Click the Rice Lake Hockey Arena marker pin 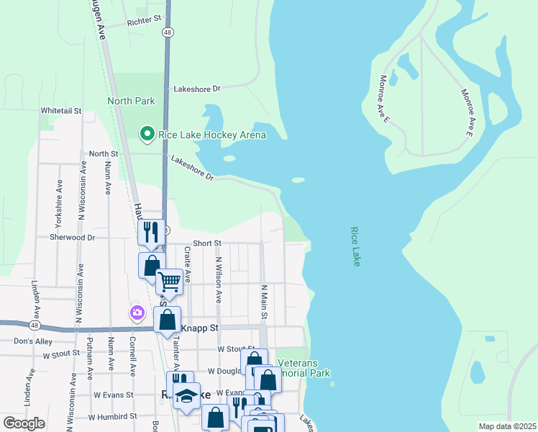(x=147, y=134)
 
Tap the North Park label (x=131, y=101)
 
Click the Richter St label (x=143, y=22)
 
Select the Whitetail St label (x=61, y=111)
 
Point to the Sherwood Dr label (x=72, y=237)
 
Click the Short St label (x=207, y=244)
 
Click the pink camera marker (x=137, y=312)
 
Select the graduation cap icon (x=186, y=395)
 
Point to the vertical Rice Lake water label (x=355, y=247)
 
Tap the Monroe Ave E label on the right (x=466, y=112)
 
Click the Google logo (x=24, y=423)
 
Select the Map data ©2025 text (x=506, y=426)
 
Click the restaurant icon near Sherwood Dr (x=151, y=232)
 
